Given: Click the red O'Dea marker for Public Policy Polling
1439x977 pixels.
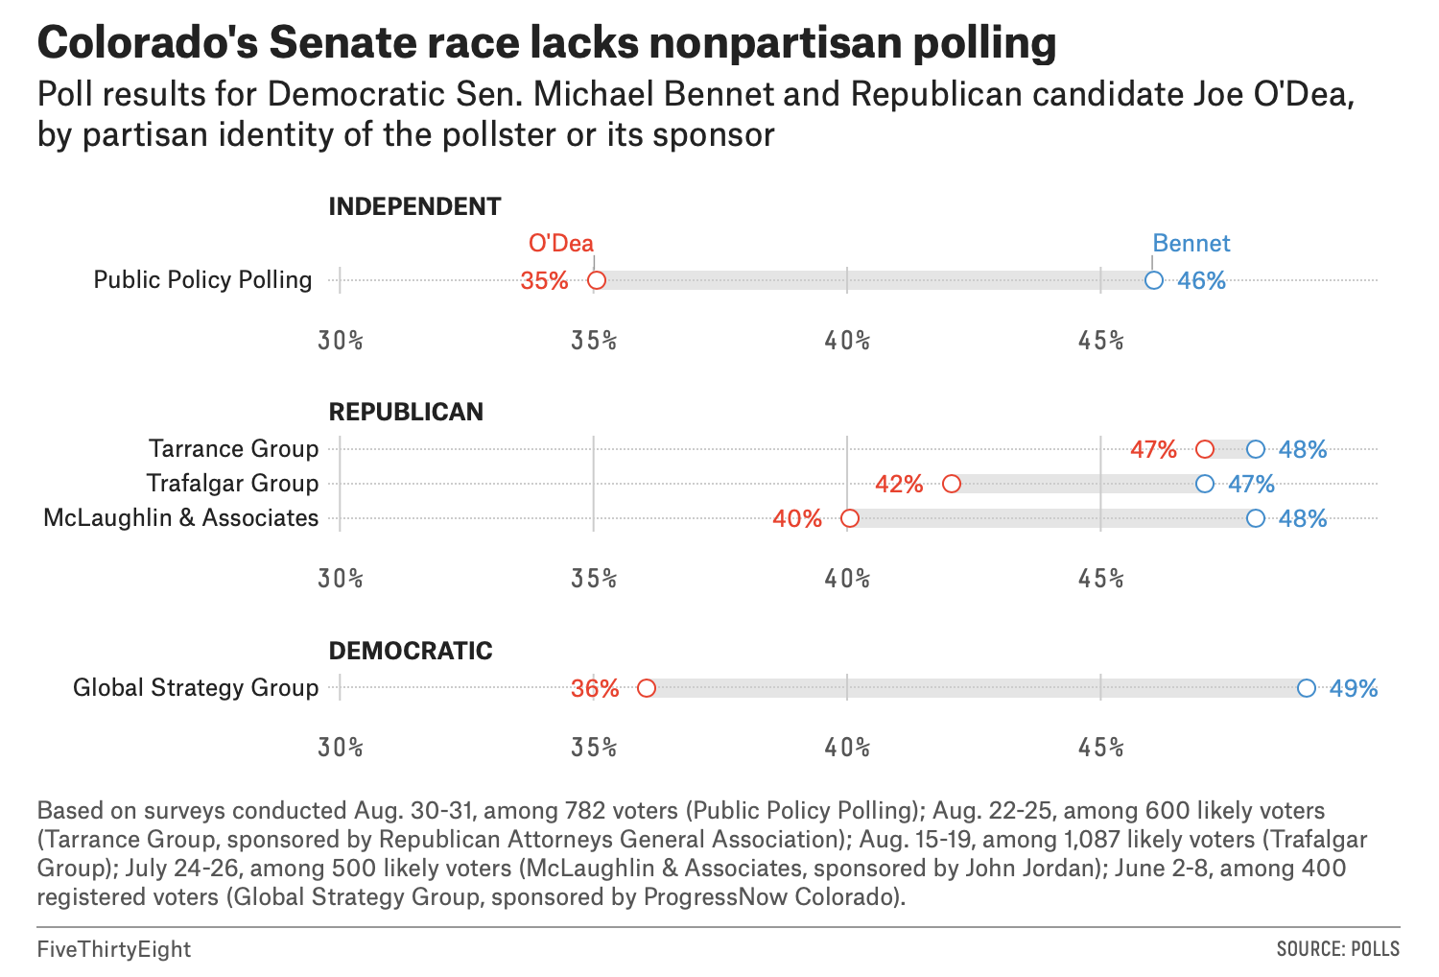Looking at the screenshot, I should [x=596, y=280].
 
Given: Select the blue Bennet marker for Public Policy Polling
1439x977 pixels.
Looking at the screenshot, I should [x=1154, y=280].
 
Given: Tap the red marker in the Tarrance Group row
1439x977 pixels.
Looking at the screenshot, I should [x=1205, y=449].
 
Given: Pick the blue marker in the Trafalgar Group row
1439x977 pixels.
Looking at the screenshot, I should [x=1205, y=484].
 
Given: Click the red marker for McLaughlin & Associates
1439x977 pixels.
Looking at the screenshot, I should [x=849, y=519].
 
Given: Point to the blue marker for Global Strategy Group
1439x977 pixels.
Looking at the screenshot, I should [x=1306, y=688].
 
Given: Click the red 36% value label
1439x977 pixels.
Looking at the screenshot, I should [x=595, y=688].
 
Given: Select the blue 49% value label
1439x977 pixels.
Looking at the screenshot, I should [x=1354, y=688].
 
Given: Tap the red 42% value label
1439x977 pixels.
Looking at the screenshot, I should [x=899, y=484].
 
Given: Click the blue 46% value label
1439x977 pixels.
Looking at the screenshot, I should [x=1201, y=280].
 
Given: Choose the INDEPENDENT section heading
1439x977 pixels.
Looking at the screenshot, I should [x=414, y=206].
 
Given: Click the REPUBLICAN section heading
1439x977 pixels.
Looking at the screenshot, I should [x=406, y=412].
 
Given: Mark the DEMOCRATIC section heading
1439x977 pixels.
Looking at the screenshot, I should [x=411, y=651].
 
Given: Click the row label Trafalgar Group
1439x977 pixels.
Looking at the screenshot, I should [x=232, y=483].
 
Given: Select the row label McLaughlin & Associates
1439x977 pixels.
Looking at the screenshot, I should [x=180, y=517].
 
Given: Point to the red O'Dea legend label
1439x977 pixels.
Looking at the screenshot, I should [x=561, y=243].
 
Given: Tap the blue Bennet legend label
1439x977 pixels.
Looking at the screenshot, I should [x=1191, y=243].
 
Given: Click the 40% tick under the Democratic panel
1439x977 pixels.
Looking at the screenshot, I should [x=847, y=748].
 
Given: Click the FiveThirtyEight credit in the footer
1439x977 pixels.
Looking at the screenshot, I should [x=114, y=949].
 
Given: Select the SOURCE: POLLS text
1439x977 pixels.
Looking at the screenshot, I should [x=1337, y=949].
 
